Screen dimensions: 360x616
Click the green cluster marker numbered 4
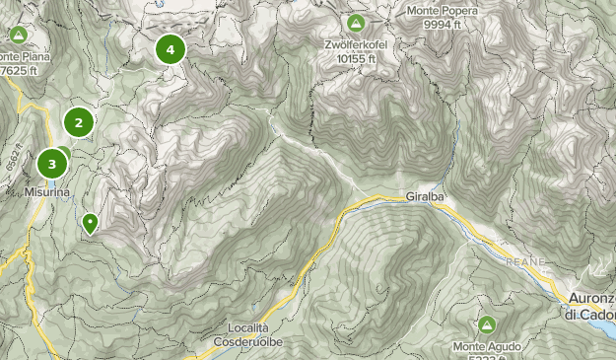(x=171, y=47)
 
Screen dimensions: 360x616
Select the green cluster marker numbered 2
(x=79, y=122)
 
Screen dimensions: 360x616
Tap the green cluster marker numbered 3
(x=51, y=163)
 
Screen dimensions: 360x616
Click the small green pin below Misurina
(x=90, y=222)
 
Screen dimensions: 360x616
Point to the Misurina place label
(x=47, y=191)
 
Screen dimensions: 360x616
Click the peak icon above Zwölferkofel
(x=355, y=23)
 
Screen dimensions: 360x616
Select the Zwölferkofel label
(x=355, y=44)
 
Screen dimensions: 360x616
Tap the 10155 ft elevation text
(x=356, y=58)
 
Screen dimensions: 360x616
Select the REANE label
(x=524, y=261)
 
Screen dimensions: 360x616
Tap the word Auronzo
(x=590, y=298)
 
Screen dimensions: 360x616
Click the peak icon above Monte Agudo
(x=486, y=324)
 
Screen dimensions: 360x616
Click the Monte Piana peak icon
(x=17, y=36)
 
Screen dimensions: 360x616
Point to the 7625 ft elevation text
(x=18, y=70)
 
